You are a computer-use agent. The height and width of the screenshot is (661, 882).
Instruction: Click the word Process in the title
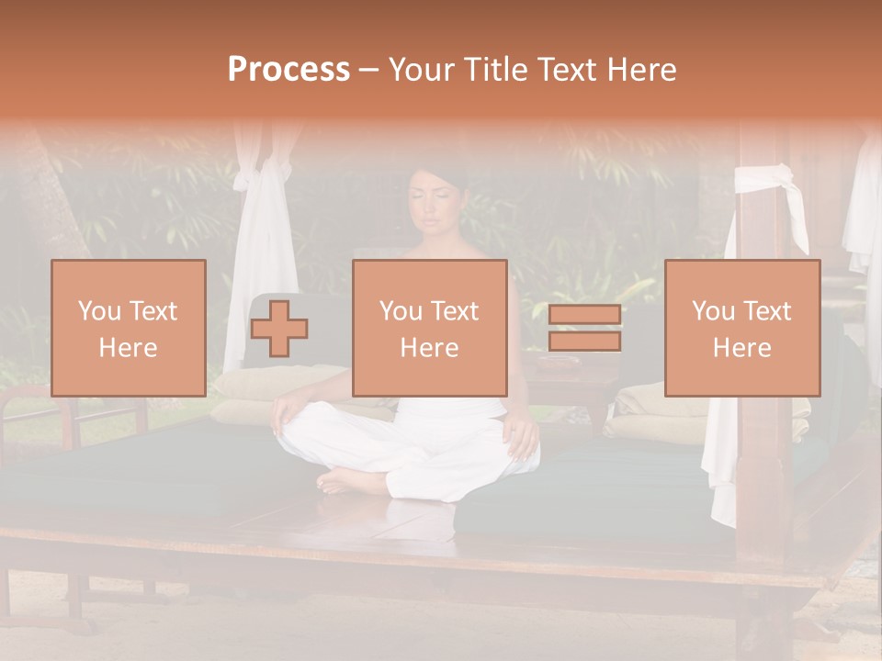tap(288, 70)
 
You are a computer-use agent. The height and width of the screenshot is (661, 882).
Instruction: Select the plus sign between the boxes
tap(279, 328)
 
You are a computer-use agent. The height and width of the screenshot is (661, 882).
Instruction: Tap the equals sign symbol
tap(584, 328)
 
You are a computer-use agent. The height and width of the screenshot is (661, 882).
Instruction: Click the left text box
tap(128, 328)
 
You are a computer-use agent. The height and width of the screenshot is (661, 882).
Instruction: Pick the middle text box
tap(429, 328)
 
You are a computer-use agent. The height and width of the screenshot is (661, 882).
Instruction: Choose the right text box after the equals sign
tap(741, 328)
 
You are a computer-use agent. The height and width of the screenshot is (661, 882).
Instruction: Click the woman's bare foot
tap(345, 480)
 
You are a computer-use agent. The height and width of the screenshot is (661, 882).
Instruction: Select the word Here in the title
tap(641, 70)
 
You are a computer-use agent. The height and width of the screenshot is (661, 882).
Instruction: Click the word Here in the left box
tap(128, 348)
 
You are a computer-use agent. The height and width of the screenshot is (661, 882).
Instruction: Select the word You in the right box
tap(712, 311)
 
